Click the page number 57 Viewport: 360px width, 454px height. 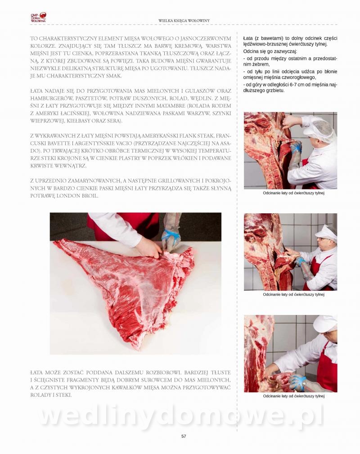tap(184, 436)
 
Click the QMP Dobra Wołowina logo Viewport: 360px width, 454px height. tap(38, 18)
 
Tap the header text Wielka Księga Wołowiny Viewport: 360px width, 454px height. tap(184, 21)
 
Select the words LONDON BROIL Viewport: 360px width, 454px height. tap(77, 196)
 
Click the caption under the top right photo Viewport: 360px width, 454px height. tap(293, 193)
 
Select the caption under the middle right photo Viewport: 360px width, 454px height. tap(293, 294)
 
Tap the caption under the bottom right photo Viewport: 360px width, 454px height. tap(293, 396)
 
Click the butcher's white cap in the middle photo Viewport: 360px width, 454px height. tap(326, 232)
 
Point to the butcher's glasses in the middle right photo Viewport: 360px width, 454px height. tap(322, 239)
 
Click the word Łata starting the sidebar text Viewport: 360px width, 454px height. tap(247, 38)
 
